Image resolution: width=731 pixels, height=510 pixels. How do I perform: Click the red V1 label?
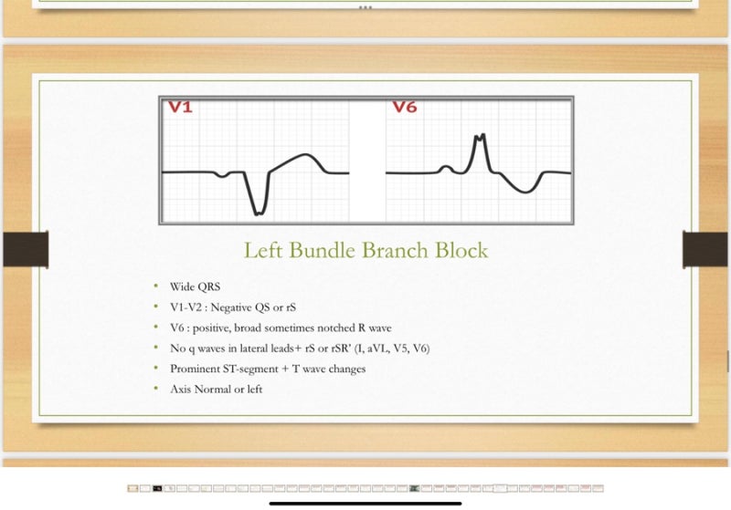point(180,108)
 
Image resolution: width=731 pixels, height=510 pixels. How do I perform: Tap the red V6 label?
point(405,108)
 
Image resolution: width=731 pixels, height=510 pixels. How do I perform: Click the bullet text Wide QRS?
point(195,286)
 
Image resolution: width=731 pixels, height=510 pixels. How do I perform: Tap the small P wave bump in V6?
point(445,167)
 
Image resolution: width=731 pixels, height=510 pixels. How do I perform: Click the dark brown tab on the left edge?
point(25,249)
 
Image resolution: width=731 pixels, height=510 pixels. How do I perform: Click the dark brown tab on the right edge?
point(705,249)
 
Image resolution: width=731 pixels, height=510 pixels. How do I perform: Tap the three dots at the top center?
point(365,6)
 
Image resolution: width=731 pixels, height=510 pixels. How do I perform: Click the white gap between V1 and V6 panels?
point(367,160)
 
